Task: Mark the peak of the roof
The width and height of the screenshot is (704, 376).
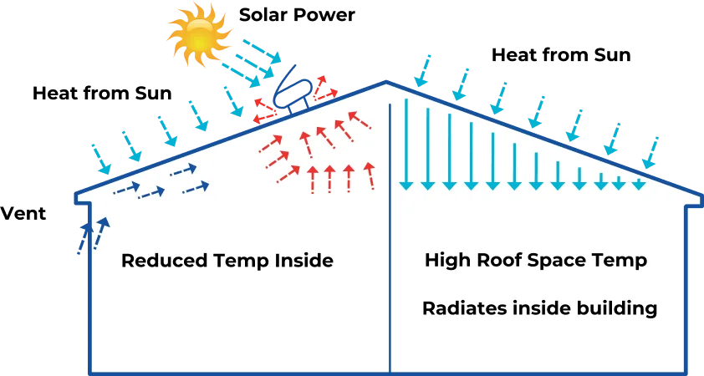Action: pos(386,83)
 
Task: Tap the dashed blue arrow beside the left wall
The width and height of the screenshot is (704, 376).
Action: pos(101,233)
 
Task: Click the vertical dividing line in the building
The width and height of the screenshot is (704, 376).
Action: pos(390,251)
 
